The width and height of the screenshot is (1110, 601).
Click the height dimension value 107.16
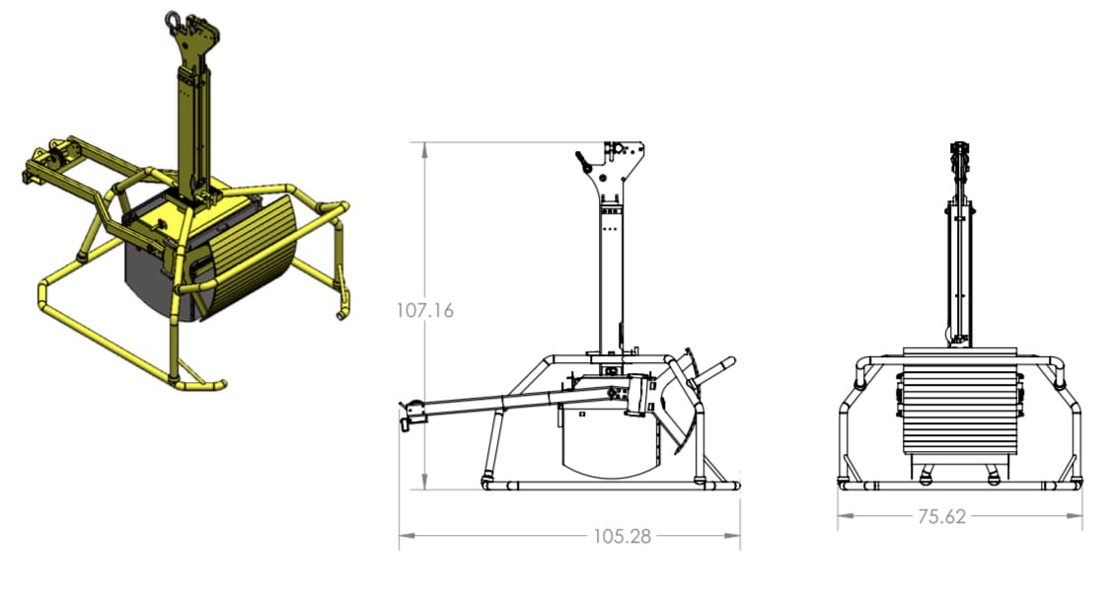tap(424, 311)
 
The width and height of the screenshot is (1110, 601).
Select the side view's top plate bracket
tap(621, 163)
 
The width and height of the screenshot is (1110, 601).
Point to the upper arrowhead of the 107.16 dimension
tap(424, 148)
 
